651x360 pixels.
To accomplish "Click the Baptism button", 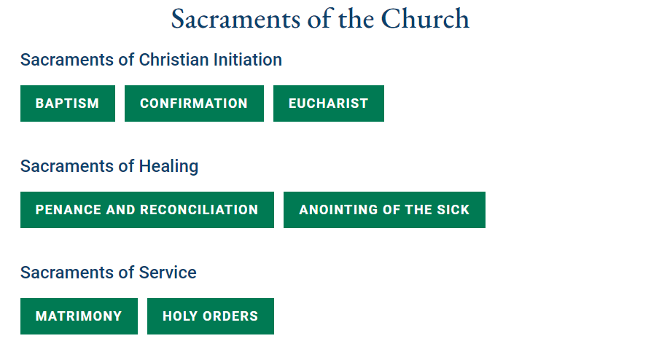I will [67, 103].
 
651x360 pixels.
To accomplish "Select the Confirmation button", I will [194, 103].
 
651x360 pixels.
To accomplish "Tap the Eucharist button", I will [328, 103].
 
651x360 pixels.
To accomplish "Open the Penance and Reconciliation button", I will [147, 210].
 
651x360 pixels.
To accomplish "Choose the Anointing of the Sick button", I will [384, 210].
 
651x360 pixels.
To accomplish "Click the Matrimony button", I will [79, 316].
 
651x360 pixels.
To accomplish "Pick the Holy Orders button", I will [210, 316].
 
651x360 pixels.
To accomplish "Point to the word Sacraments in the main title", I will [235, 19].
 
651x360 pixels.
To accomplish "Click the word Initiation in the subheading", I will [247, 60].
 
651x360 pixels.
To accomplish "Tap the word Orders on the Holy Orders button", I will [233, 316].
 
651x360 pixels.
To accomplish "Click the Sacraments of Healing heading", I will [109, 166].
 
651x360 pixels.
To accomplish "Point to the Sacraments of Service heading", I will [109, 273].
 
